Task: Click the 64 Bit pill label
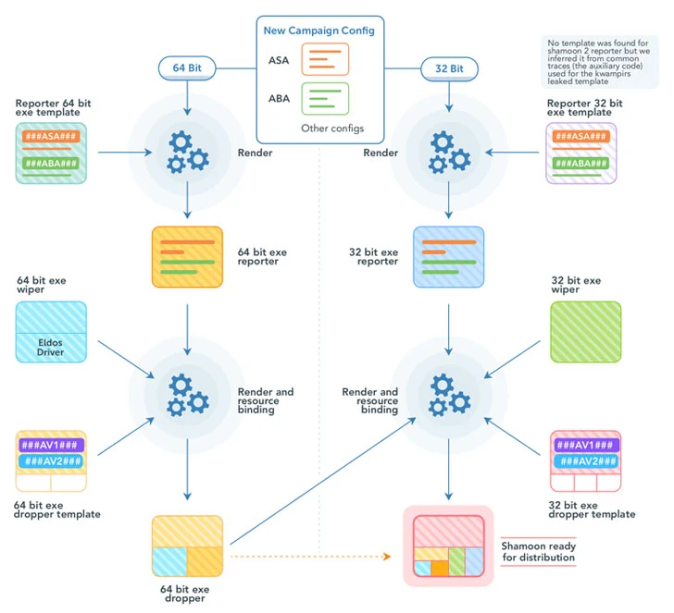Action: [187, 67]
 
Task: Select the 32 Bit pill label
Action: [449, 67]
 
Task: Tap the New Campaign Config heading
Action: [318, 31]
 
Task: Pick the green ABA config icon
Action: [325, 99]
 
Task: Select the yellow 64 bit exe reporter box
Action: [188, 257]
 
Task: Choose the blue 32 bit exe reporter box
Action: [449, 257]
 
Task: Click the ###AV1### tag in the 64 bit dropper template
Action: [51, 444]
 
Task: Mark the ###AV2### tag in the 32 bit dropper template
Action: [585, 461]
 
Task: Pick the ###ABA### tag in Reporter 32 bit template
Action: [580, 164]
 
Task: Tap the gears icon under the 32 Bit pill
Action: [449, 153]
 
